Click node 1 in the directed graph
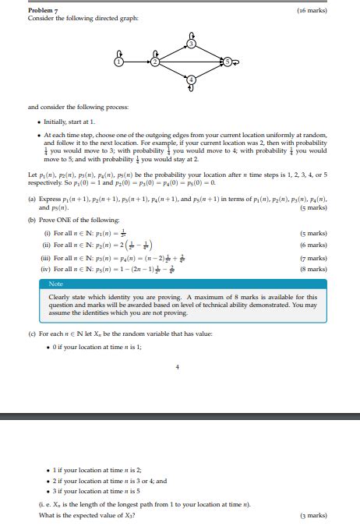pos(119,61)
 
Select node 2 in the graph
pos(155,61)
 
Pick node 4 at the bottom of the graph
pos(192,79)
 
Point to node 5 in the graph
pos(228,61)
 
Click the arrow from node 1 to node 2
pos(137,61)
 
